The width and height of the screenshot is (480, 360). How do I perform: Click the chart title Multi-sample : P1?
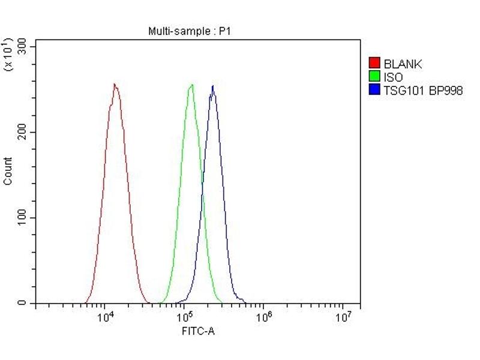[189, 31]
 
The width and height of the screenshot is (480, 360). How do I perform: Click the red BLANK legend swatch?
[374, 63]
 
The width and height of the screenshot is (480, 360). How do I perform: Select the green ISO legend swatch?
[374, 77]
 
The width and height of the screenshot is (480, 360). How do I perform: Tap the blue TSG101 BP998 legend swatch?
[374, 90]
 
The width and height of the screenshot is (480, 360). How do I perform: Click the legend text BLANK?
[403, 64]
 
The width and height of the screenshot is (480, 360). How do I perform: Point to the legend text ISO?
[394, 77]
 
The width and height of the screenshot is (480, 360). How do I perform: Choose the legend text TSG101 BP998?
[423, 91]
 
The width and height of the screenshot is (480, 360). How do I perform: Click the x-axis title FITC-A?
[199, 330]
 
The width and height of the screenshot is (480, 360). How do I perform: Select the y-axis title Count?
[8, 170]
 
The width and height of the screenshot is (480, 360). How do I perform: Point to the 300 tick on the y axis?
[23, 46]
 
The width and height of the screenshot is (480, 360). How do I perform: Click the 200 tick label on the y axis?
[23, 132]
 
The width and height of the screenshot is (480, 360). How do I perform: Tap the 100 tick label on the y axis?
[23, 218]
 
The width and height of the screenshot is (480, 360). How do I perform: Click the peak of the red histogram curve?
[114, 84]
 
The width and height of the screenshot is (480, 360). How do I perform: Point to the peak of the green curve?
[192, 84]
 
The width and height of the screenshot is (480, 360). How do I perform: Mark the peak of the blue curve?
[212, 86]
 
